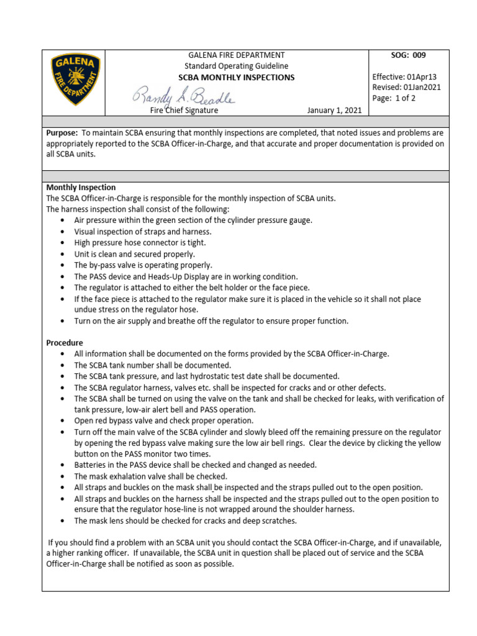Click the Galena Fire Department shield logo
point(74,79)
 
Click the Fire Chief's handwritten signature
point(183,96)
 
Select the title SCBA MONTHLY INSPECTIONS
point(236,78)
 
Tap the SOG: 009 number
point(408,55)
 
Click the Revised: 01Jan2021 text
point(406,87)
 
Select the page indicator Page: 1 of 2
point(394,98)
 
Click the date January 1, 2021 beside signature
point(334,110)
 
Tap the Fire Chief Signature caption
point(184,110)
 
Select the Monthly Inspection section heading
point(81,188)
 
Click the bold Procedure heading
point(65,343)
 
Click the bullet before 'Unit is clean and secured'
point(64,254)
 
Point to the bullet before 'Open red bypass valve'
point(64,421)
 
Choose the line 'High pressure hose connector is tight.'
point(140,243)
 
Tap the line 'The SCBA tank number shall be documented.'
point(153,365)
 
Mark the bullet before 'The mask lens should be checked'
point(64,521)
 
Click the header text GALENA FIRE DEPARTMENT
point(236,55)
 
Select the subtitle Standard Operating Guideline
point(236,66)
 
